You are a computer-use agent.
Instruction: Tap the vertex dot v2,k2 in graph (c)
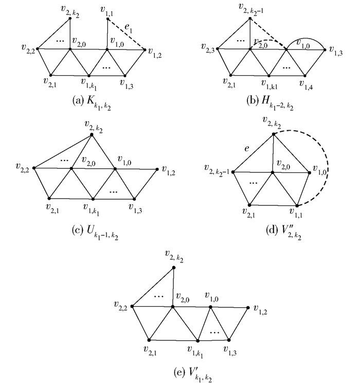point(92,134)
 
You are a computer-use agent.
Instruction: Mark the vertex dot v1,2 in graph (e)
point(248,308)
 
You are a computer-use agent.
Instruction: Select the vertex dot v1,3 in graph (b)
point(325,49)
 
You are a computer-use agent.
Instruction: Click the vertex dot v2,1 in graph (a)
point(50,75)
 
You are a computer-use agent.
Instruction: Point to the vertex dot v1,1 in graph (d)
point(297,205)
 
